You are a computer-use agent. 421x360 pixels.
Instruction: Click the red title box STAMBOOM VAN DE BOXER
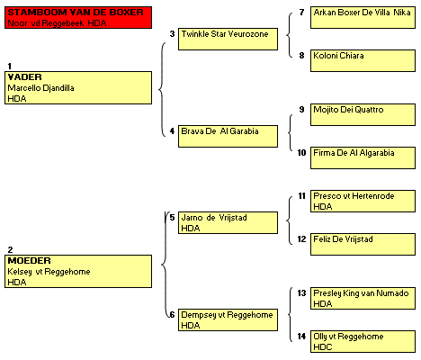coord(78,18)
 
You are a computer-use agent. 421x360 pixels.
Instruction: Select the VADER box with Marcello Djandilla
coord(78,88)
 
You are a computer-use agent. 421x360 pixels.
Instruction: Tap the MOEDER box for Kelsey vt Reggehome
coord(78,272)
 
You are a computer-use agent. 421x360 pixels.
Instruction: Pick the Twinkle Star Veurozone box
coord(228,39)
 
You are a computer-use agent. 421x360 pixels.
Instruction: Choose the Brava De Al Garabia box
coord(228,136)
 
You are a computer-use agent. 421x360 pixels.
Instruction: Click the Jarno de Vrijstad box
coord(228,222)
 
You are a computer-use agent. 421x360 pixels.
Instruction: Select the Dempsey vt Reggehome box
coord(228,319)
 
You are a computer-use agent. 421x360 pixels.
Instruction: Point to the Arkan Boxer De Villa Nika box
coord(363,17)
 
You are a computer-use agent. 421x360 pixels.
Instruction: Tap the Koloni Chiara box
coord(363,60)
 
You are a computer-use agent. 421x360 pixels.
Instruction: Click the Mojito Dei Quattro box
coord(363,114)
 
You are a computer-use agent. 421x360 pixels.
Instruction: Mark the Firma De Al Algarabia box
coord(363,157)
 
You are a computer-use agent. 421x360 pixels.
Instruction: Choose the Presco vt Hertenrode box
coord(363,201)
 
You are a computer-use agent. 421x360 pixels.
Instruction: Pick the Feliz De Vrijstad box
coord(363,244)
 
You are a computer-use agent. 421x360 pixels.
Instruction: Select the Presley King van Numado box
coord(363,298)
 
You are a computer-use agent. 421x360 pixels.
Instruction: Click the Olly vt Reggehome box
coord(363,341)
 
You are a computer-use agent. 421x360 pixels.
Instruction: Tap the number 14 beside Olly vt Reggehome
coord(301,337)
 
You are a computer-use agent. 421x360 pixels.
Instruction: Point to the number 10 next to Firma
coord(301,153)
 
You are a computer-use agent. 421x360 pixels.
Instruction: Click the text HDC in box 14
coord(323,347)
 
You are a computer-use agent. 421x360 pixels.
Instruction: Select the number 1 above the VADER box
coord(10,66)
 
